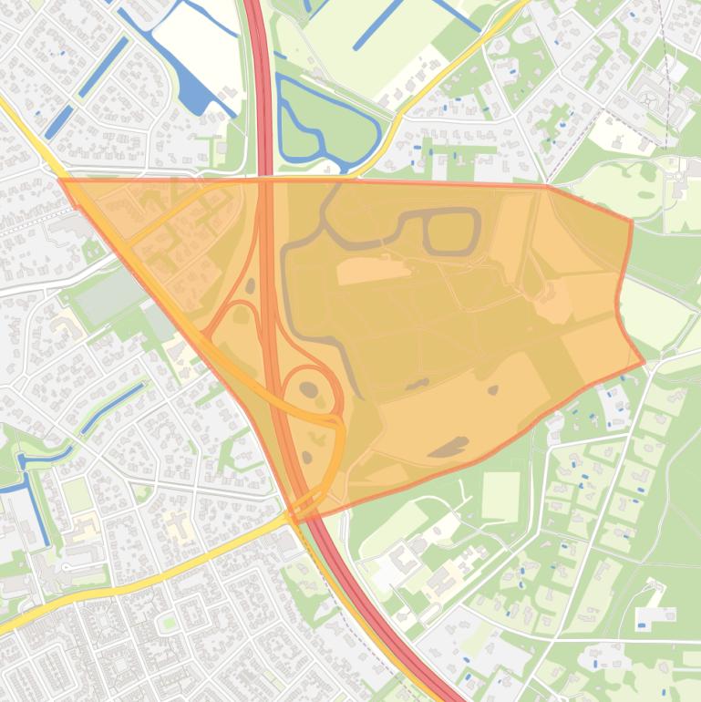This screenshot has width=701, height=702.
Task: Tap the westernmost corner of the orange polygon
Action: pos(60,180)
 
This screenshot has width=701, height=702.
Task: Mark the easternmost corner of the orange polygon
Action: pos(644,361)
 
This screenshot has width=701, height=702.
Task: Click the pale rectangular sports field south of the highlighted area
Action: pos(500,497)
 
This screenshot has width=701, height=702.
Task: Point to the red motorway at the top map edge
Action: pos(254,7)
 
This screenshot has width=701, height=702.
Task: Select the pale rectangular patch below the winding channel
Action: pos(374,269)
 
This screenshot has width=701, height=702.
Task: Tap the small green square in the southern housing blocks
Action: pos(168,623)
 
